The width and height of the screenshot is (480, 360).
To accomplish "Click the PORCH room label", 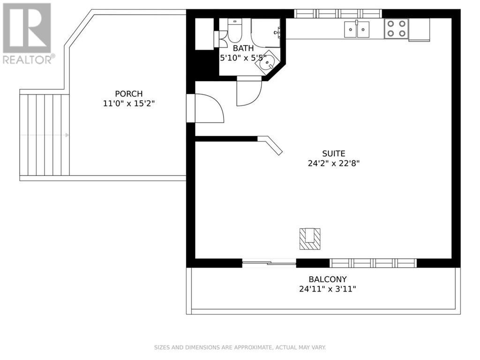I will point(128,94).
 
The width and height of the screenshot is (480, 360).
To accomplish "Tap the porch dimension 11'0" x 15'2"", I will point(128,104).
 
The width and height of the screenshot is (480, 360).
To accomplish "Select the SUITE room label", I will point(333,153).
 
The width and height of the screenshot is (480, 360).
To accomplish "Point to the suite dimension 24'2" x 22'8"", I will point(333,164).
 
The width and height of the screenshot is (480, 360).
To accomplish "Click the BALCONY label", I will point(328,279).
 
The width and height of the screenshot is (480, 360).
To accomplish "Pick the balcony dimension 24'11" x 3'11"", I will point(328,289).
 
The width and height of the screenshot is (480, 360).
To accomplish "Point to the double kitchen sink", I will point(357,29).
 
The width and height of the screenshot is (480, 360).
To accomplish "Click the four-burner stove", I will point(396,29).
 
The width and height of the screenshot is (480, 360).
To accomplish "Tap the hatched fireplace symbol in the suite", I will point(310,238).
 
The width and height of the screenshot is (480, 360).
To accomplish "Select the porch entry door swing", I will point(206,108).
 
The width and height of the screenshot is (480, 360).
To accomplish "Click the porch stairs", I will point(45,135).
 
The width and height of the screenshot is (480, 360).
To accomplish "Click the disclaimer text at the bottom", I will point(240,347).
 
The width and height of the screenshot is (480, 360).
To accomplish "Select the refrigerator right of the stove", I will point(419,30).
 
